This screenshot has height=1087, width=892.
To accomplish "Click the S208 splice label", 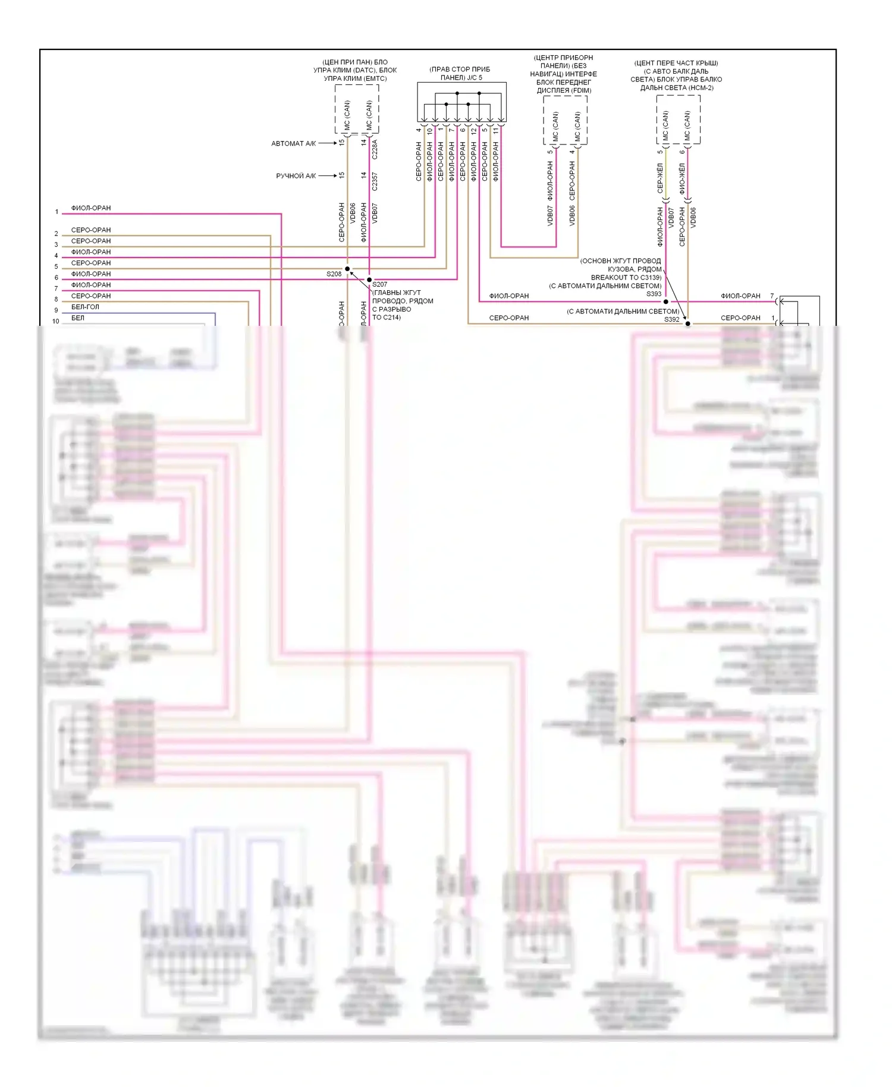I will [x=334, y=274].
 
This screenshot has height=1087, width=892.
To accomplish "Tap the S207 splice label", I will [x=379, y=284].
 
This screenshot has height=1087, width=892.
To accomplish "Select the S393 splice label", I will [x=654, y=294].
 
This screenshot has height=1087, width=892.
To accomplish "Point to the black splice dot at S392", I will [x=688, y=324].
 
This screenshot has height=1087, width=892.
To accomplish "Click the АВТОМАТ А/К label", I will [x=293, y=143].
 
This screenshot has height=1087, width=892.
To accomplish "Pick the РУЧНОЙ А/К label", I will [x=296, y=176].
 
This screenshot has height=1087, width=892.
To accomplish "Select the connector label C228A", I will [x=375, y=149].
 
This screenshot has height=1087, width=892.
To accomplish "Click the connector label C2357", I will [x=375, y=181].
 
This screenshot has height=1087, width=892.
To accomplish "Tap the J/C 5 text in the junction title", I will [x=474, y=78].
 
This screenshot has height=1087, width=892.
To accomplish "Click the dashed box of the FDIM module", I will [x=565, y=120].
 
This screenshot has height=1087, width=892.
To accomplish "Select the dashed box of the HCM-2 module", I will [x=678, y=120].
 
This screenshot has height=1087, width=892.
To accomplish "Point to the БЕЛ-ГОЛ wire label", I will [x=85, y=307].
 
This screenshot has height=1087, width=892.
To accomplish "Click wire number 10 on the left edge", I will [x=56, y=321].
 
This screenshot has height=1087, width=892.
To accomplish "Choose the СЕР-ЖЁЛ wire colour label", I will [x=660, y=178].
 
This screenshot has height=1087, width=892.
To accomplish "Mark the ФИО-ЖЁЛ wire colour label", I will [x=682, y=178].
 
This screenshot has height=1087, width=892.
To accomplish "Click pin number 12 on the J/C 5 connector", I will [x=473, y=131].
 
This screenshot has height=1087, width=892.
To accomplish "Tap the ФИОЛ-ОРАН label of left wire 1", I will [x=91, y=208].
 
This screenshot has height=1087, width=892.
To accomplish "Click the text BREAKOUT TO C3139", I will [x=626, y=278].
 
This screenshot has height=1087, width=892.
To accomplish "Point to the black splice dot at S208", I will [x=347, y=269].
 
